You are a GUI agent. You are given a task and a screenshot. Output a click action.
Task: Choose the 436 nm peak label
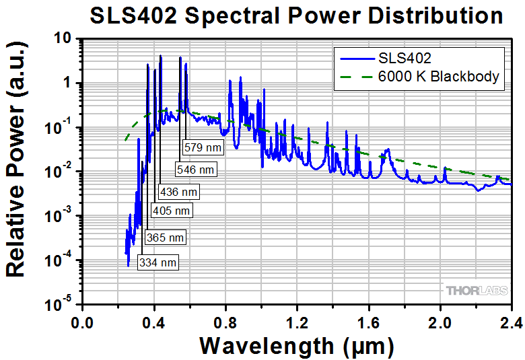[x=178, y=192]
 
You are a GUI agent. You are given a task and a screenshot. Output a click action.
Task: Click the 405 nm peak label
[x=172, y=211]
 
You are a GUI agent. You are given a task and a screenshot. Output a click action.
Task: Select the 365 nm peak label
[x=164, y=238]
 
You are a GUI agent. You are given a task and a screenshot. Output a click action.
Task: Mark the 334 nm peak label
[x=158, y=262]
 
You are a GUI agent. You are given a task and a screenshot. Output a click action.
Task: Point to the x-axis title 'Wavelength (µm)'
[x=296, y=346]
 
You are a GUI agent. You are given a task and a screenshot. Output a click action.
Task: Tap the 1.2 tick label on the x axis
[x=297, y=321]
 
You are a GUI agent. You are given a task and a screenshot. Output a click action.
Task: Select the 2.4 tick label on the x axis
[x=510, y=321]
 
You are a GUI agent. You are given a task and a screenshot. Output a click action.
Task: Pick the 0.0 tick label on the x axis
[x=82, y=321]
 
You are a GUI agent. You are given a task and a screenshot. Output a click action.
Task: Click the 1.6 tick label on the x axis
[x=368, y=321]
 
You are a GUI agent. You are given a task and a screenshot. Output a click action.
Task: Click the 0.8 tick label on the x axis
[x=225, y=321]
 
